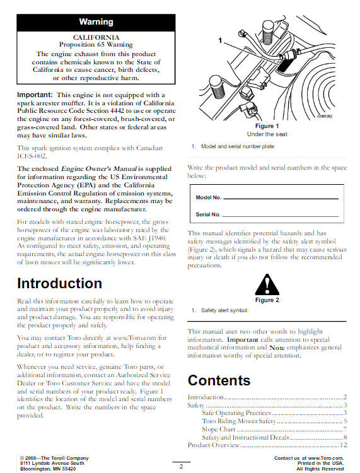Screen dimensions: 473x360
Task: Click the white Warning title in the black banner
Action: (96, 22)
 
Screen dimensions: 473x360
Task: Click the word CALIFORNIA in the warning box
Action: (96, 38)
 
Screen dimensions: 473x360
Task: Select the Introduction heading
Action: (59, 283)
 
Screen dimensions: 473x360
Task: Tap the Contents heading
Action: (219, 380)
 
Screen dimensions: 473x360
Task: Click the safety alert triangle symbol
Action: (267, 284)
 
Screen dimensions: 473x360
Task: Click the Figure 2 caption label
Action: (267, 300)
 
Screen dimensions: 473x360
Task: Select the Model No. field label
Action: (209, 197)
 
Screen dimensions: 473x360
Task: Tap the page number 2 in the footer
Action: (180, 466)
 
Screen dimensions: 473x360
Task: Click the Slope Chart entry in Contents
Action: (219, 429)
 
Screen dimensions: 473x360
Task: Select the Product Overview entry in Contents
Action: (214, 445)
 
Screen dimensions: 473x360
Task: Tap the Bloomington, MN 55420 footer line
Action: (47, 469)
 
